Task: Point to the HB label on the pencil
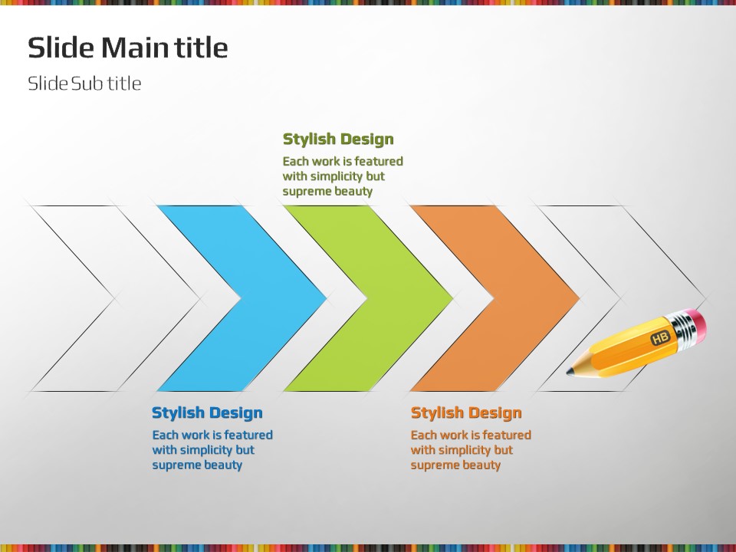pyautogui.click(x=660, y=337)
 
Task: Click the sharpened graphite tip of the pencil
pyautogui.click(x=570, y=372)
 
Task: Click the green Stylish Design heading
pyautogui.click(x=338, y=139)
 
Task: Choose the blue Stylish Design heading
pyautogui.click(x=207, y=412)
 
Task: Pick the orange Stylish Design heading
pyautogui.click(x=466, y=412)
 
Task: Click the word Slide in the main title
pyautogui.click(x=61, y=48)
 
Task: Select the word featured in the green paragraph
pyautogui.click(x=379, y=162)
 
